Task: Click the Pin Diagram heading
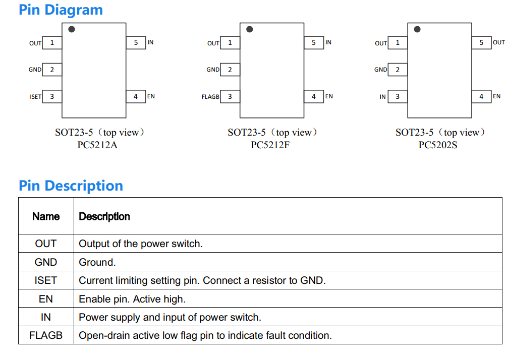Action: [61, 10]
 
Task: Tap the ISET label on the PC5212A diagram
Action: [36, 97]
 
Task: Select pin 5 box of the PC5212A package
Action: [136, 43]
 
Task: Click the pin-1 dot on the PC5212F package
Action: [250, 29]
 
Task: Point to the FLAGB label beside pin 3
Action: [210, 97]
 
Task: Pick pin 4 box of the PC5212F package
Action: [314, 96]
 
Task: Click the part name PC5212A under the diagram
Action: [97, 145]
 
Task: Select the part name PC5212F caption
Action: [270, 145]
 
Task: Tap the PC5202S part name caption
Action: [438, 145]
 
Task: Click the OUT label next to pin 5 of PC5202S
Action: [498, 42]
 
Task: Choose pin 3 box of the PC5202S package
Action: [398, 96]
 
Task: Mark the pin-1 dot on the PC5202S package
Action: [417, 29]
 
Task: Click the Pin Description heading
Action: [71, 186]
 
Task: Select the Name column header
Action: [46, 216]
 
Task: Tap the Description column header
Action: [104, 216]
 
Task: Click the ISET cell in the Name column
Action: [46, 280]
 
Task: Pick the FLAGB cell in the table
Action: [46, 335]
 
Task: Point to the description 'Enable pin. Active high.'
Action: [132, 299]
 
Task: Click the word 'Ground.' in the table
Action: [97, 262]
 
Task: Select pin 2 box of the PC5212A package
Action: [52, 70]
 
